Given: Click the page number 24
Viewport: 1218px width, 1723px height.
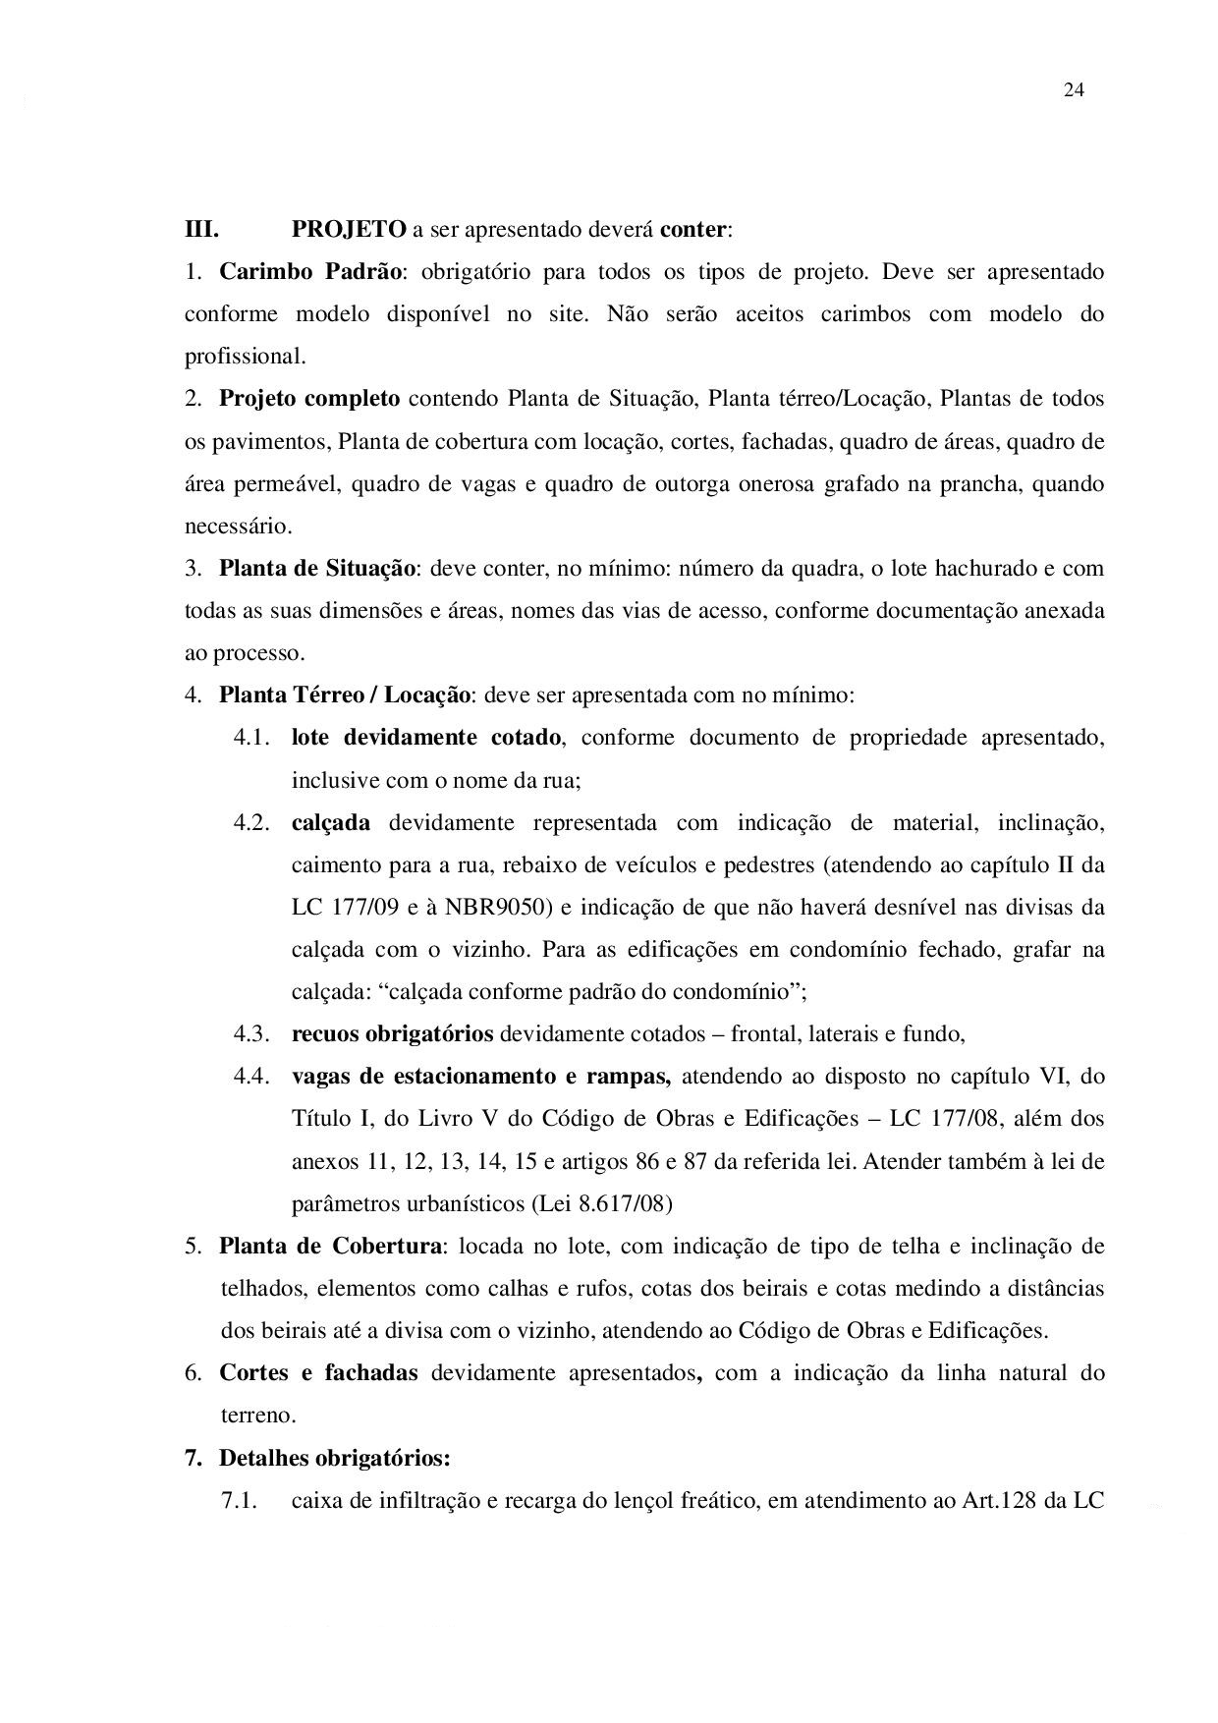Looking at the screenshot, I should [x=1073, y=90].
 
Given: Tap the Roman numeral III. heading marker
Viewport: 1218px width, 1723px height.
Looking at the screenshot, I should [x=201, y=230].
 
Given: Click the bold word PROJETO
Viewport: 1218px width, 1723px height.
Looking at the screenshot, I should [x=349, y=230].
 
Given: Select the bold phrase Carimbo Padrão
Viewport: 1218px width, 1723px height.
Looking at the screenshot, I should [x=309, y=272].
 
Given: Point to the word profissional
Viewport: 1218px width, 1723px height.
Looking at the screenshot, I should [x=245, y=357].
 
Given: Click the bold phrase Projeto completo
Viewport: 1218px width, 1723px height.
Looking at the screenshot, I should [x=309, y=399].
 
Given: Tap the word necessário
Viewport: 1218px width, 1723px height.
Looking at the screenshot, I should [x=238, y=526].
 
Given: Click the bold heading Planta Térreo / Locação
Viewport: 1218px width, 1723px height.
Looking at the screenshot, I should [x=345, y=695].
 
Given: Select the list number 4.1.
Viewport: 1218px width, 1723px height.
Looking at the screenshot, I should [x=251, y=738].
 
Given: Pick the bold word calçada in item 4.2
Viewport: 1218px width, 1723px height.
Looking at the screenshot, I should [x=331, y=823].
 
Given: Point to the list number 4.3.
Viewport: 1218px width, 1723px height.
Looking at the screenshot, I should [x=251, y=1034].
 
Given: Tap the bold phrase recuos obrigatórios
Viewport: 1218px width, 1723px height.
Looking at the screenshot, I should [x=392, y=1034].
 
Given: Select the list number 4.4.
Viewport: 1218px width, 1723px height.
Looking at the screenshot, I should [x=251, y=1077].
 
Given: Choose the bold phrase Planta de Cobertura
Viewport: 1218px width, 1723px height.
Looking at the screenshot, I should [x=329, y=1247].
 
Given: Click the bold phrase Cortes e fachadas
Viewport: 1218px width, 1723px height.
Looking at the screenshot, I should [x=318, y=1373].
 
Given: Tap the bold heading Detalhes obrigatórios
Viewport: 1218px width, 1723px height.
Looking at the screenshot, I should [x=334, y=1459].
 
